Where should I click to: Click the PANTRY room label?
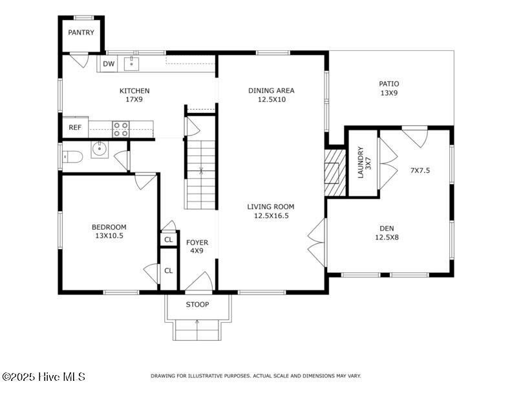tap(81, 32)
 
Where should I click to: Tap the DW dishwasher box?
tap(109, 64)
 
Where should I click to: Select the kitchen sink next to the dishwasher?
tap(132, 63)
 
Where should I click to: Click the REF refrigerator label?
tap(75, 127)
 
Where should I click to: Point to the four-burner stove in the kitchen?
tap(120, 129)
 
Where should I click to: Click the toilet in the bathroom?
tap(72, 157)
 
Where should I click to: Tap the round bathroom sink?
tap(99, 150)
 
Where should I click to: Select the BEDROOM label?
tap(109, 227)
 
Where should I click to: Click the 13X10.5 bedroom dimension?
tap(109, 236)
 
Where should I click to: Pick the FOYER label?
tap(197, 243)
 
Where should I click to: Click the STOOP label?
tap(198, 305)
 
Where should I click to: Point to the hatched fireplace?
tap(335, 173)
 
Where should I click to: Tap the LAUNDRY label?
tap(361, 162)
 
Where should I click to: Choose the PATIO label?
tap(389, 84)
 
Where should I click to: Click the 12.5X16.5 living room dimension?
tap(272, 216)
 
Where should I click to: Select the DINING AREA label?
tap(272, 90)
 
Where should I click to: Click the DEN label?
tap(387, 228)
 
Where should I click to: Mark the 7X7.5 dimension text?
tap(420, 170)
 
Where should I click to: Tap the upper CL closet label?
tap(169, 240)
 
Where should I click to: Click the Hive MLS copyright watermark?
tap(43, 377)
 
